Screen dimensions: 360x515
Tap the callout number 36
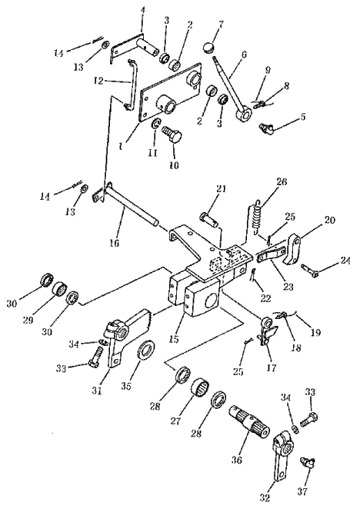(x=237, y=460)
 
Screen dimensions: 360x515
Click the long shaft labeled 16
(x=132, y=204)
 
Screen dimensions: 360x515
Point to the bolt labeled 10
(x=172, y=135)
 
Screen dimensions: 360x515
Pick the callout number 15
(x=174, y=339)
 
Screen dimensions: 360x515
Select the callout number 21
(x=221, y=189)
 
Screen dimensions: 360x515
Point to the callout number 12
(x=98, y=81)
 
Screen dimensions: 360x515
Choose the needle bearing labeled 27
(x=200, y=388)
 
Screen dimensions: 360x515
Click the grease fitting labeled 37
(x=308, y=464)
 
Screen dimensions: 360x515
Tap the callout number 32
(x=265, y=497)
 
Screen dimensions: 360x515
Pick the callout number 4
(x=142, y=11)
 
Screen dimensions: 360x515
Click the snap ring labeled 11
(x=155, y=125)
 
